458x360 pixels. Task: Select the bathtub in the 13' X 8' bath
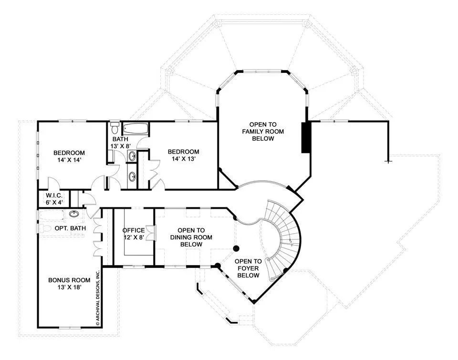[x=135, y=129]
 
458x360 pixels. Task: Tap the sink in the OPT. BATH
[x=74, y=214]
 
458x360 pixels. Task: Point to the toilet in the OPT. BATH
[x=43, y=228]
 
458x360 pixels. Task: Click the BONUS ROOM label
[x=69, y=280]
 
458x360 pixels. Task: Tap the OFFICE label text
[x=134, y=230]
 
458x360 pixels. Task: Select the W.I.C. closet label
[x=54, y=196]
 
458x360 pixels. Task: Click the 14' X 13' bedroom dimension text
[x=183, y=159]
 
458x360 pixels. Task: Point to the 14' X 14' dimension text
[x=69, y=160]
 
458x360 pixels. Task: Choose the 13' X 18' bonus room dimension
[x=69, y=288]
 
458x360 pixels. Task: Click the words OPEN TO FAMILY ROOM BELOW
[x=263, y=132]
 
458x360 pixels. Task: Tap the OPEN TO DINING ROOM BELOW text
[x=191, y=237]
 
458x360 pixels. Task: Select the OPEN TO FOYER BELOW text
[x=248, y=268]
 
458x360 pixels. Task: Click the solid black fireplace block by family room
[x=305, y=137]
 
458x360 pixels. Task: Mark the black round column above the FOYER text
[x=236, y=248]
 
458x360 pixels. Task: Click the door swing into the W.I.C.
[x=54, y=184]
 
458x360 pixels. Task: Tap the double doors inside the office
[x=151, y=233]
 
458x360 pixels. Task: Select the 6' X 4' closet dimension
[x=54, y=203]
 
